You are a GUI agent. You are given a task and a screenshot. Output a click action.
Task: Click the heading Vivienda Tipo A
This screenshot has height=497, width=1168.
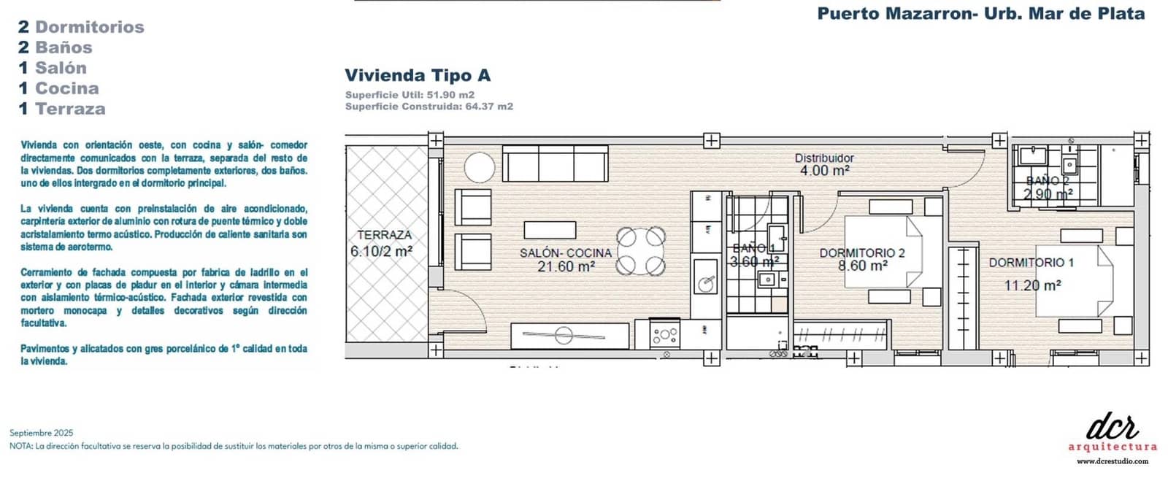(418, 75)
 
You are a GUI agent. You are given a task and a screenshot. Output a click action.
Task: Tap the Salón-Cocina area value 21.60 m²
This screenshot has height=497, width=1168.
(566, 267)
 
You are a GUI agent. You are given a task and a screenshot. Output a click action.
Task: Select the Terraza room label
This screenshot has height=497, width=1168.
(384, 235)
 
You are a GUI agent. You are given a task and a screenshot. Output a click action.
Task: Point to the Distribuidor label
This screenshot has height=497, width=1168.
(824, 158)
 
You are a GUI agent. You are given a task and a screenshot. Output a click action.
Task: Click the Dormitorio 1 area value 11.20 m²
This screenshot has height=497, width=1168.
(1032, 285)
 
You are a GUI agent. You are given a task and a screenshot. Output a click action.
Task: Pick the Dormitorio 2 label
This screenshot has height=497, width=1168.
(862, 253)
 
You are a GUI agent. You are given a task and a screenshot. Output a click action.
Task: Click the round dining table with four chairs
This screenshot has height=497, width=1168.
(641, 250)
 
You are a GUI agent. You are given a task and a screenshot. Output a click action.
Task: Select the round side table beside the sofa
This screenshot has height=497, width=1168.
(480, 167)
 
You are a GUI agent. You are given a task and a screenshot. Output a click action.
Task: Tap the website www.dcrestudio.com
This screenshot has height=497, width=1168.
(1113, 461)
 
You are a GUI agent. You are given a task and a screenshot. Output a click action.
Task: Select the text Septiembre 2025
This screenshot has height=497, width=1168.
(42, 433)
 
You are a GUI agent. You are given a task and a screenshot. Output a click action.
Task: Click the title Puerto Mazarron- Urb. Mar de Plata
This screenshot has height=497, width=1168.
(980, 13)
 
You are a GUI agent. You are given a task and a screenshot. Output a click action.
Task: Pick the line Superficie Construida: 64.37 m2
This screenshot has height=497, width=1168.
(429, 107)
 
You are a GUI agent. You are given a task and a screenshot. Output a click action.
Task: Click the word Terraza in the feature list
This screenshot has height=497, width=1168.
(70, 109)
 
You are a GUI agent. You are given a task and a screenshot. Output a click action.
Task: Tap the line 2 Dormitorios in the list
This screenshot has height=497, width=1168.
(81, 27)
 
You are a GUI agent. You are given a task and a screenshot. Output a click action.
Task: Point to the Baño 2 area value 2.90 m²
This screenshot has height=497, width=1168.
(1048, 194)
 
